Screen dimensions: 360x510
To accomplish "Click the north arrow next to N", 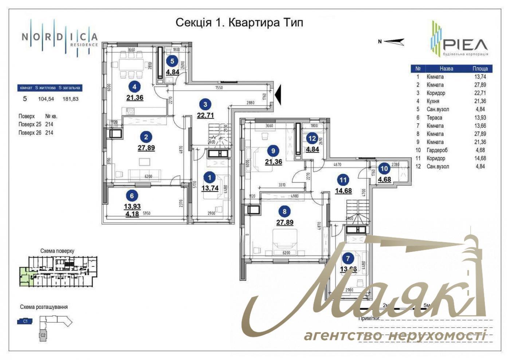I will [394, 42].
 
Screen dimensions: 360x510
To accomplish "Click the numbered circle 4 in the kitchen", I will [135, 87].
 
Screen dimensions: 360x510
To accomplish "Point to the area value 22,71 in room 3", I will [205, 115].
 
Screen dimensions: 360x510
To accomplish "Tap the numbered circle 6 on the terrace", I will [132, 195].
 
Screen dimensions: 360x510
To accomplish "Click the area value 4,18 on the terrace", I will [132, 214].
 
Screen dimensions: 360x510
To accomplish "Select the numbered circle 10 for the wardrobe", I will [384, 169].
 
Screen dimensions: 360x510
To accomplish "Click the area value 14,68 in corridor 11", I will [343, 190].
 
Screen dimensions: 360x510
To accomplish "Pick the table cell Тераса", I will [434, 118].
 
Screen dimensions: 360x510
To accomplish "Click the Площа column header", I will [480, 68].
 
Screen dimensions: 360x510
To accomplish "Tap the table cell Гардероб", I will [437, 150].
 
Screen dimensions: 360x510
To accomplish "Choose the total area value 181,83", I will [70, 99].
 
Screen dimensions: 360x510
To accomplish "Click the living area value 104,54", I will [46, 99].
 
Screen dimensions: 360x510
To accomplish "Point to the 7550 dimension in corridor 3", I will [219, 88].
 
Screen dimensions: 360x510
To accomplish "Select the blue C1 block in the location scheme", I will [25, 321].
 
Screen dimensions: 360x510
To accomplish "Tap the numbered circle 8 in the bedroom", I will [285, 211].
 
